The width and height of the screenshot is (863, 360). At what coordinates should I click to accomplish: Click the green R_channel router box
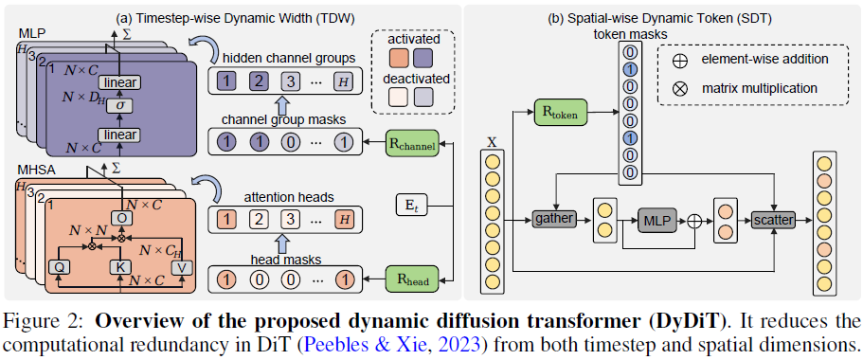pos(412,144)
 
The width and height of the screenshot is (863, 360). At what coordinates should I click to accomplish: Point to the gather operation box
pos(556,218)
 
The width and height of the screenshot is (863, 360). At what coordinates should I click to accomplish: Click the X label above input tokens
pos(491,142)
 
